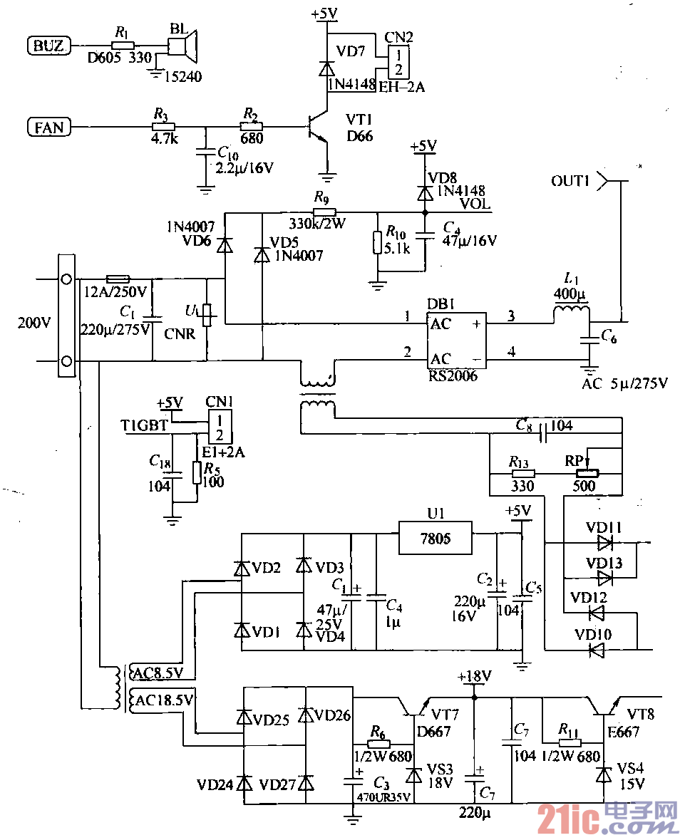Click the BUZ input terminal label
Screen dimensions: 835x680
point(48,46)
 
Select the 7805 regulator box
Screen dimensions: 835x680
point(435,538)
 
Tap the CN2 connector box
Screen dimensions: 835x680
point(398,62)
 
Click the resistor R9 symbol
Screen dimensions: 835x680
point(324,212)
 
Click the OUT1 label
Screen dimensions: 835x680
point(570,182)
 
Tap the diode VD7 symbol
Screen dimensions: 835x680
point(326,69)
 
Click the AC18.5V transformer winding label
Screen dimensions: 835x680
point(164,700)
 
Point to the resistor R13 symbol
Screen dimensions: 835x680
point(522,473)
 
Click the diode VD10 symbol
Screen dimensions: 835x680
point(596,649)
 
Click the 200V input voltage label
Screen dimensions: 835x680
point(34,322)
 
